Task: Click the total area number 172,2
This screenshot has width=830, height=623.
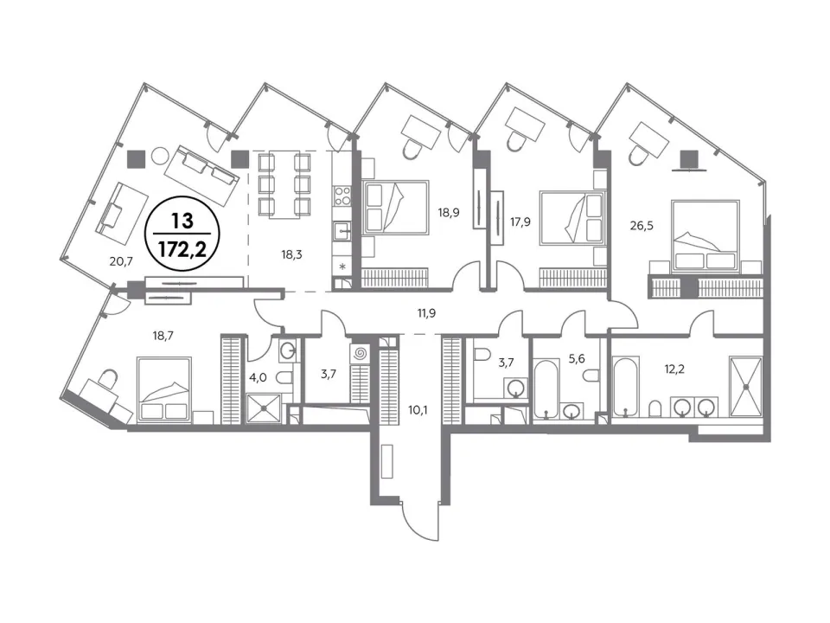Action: click(x=182, y=247)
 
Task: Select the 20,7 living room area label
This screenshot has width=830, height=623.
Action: click(x=121, y=260)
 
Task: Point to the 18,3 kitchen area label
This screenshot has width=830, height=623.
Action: click(x=291, y=254)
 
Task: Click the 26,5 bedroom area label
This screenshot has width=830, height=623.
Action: click(x=642, y=226)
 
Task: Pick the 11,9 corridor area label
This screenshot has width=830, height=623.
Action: click(x=426, y=313)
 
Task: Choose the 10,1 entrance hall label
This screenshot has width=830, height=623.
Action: click(x=418, y=409)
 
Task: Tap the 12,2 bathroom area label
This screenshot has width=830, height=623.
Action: click(x=674, y=369)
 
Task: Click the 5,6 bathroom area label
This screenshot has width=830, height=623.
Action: click(x=577, y=358)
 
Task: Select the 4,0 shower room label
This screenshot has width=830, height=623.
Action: click(x=258, y=379)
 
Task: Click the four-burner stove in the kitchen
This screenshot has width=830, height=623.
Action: click(x=342, y=196)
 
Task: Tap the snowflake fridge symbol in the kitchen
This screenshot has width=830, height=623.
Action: click(x=342, y=267)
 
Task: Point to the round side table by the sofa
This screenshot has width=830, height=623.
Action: click(x=160, y=156)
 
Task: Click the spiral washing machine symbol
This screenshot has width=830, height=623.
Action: click(x=360, y=353)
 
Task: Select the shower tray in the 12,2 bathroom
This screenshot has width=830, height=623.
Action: click(x=745, y=387)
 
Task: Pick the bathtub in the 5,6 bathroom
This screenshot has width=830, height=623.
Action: click(x=546, y=389)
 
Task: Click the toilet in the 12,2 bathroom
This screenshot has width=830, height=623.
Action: click(x=655, y=408)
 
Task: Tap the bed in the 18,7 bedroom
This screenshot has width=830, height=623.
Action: click(x=164, y=389)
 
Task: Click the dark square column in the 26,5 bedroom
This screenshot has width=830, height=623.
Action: click(x=689, y=158)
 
